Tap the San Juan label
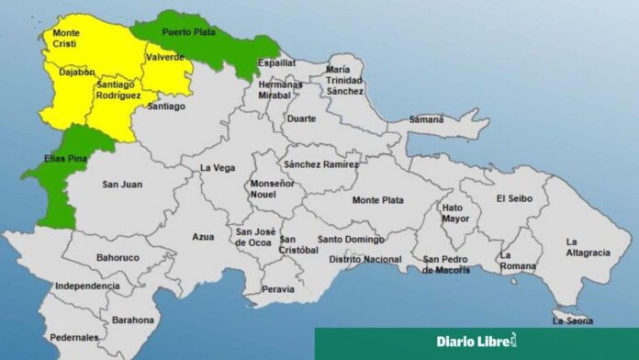[x=121, y=184]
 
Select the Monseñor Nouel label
[x=273, y=188]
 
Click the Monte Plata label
[x=376, y=199]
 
